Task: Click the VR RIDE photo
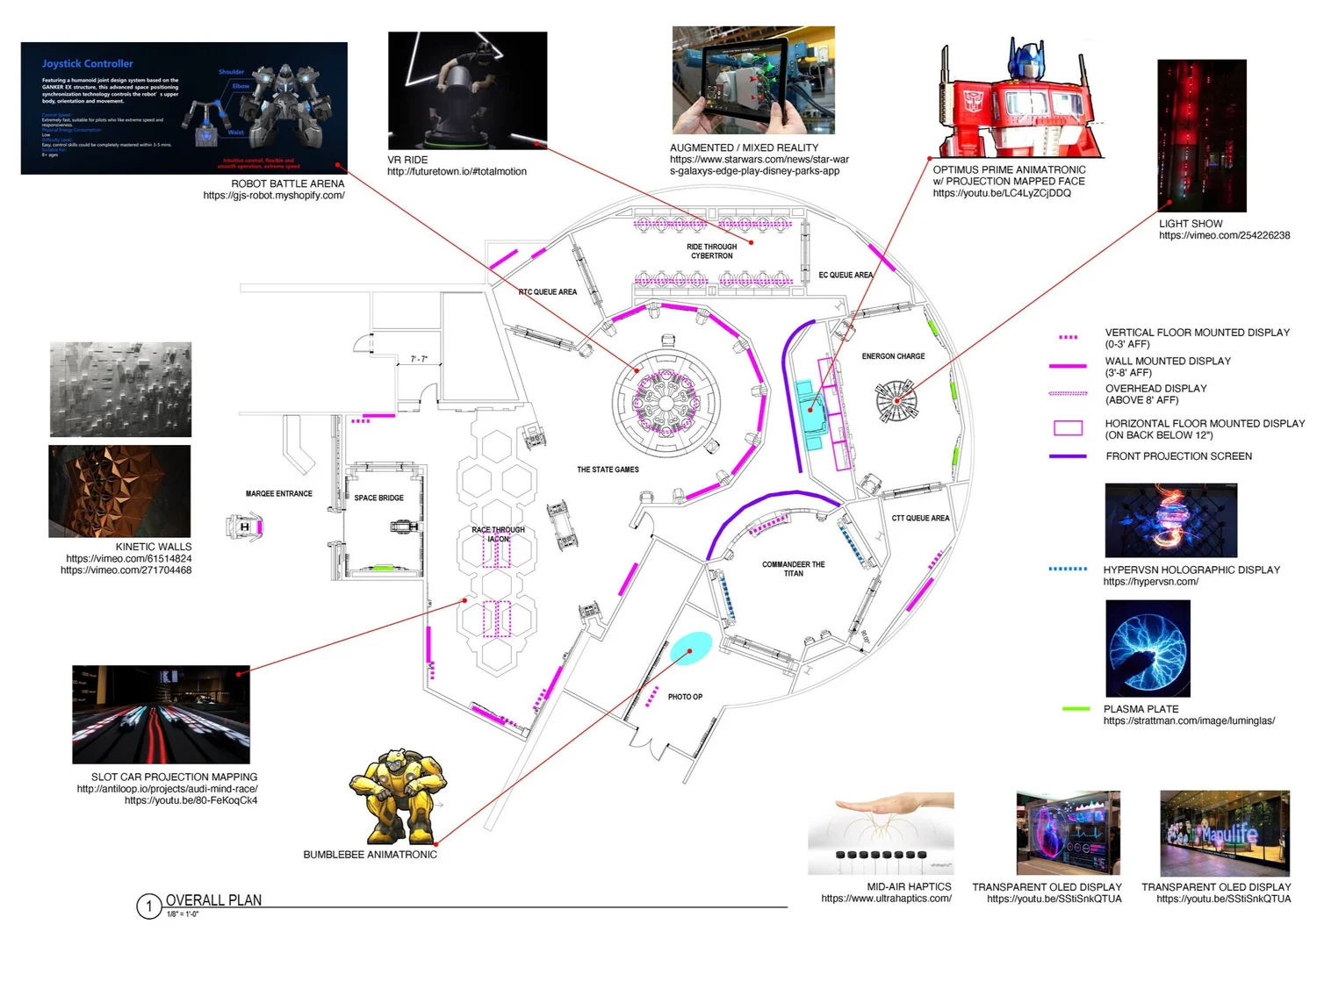(x=467, y=91)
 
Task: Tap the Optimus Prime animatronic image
(x=1018, y=98)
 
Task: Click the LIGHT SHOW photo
(x=1201, y=135)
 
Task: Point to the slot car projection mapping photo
(x=161, y=714)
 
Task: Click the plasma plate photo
(x=1148, y=649)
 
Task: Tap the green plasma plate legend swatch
(x=1076, y=709)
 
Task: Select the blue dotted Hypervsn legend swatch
(x=1068, y=570)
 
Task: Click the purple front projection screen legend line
(x=1068, y=456)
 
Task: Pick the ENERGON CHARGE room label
(x=893, y=356)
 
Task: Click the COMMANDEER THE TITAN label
(x=793, y=569)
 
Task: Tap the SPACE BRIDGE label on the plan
(x=378, y=498)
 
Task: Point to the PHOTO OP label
(x=685, y=697)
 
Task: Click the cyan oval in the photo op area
(x=691, y=648)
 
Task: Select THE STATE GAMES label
(x=608, y=469)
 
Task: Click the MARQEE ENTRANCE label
(x=278, y=494)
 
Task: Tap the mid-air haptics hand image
(x=881, y=833)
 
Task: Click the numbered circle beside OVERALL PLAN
(x=149, y=907)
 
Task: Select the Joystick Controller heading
(x=88, y=64)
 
